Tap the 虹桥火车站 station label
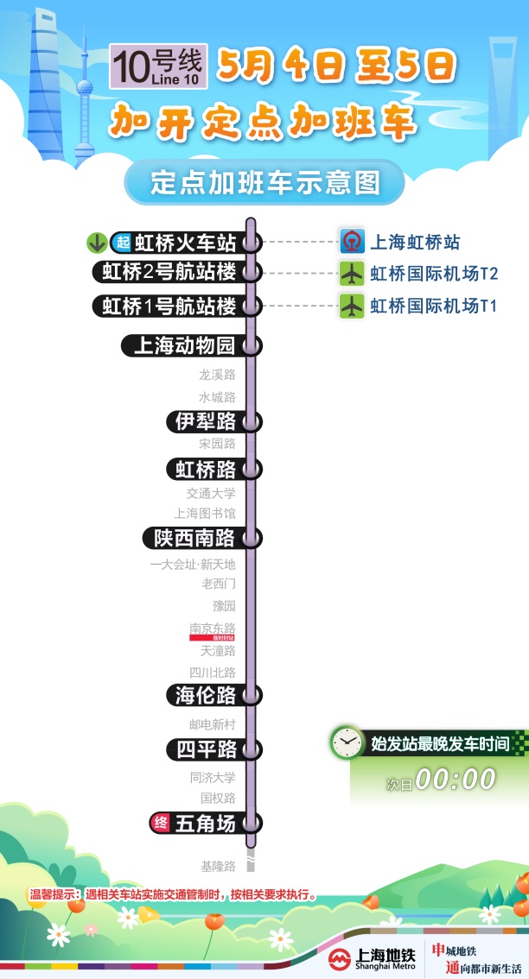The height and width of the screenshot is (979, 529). pyautogui.click(x=185, y=243)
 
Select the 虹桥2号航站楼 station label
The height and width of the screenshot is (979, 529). pyautogui.click(x=169, y=272)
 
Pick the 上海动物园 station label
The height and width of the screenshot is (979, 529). pyautogui.click(x=183, y=346)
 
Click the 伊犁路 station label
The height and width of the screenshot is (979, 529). pyautogui.click(x=206, y=421)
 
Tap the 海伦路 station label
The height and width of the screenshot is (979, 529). pyautogui.click(x=206, y=695)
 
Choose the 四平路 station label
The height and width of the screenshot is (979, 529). pyautogui.click(x=206, y=749)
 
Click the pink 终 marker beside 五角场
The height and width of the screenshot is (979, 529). pyautogui.click(x=160, y=823)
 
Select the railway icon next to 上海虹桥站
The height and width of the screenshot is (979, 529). pyautogui.click(x=351, y=242)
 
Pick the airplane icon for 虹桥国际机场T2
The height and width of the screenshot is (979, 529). pyautogui.click(x=351, y=274)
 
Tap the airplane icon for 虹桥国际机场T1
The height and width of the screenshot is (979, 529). pyautogui.click(x=351, y=306)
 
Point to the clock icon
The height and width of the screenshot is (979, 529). pyautogui.click(x=347, y=742)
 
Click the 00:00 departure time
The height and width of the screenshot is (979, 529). pyautogui.click(x=456, y=779)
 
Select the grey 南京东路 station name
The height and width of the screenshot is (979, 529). pyautogui.click(x=212, y=628)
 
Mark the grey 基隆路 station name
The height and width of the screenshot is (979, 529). pyautogui.click(x=217, y=866)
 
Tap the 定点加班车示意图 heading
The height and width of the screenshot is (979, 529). pyautogui.click(x=264, y=182)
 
